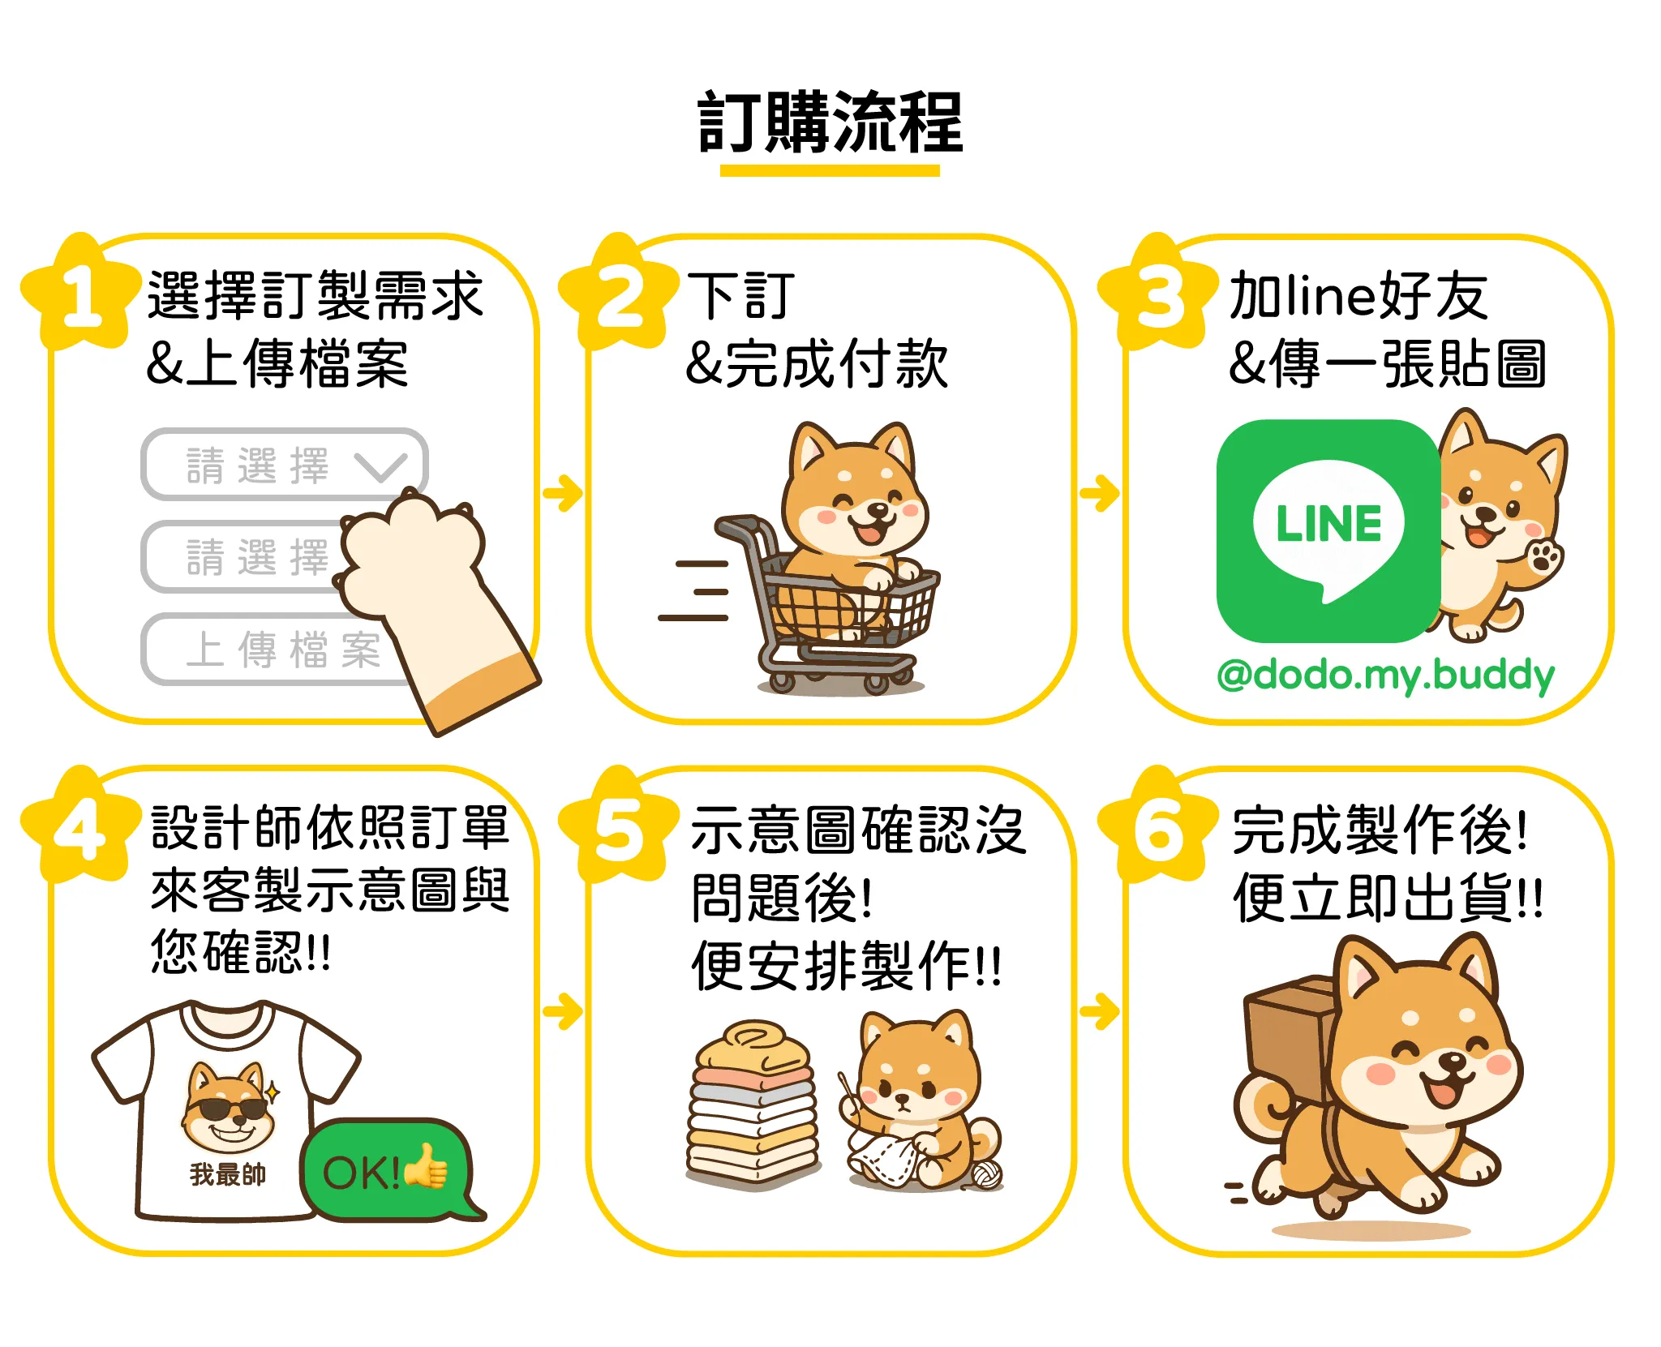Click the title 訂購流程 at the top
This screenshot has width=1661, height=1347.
point(830,123)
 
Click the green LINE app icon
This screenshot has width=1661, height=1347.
point(1328,531)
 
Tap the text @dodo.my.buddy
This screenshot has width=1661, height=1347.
point(1385,675)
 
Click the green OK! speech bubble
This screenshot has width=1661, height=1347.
point(386,1170)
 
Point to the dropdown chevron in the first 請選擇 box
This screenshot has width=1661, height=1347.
point(380,466)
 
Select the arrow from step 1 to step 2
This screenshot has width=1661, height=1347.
point(563,492)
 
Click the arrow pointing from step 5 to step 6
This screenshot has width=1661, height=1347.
point(1100,1010)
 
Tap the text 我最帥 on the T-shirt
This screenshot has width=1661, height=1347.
point(228,1173)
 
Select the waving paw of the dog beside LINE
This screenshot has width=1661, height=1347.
point(1544,557)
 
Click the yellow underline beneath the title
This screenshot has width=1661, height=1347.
point(830,170)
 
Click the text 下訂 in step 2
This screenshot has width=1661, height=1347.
point(740,296)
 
